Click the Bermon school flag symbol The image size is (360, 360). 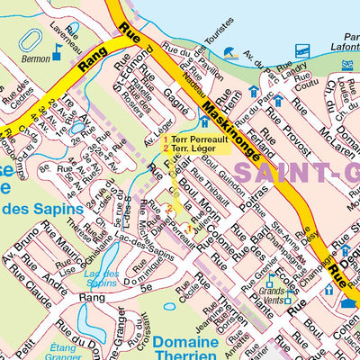56,55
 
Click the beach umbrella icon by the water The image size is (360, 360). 230,53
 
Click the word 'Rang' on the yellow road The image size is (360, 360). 93,61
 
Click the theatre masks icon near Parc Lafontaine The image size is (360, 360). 347,65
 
